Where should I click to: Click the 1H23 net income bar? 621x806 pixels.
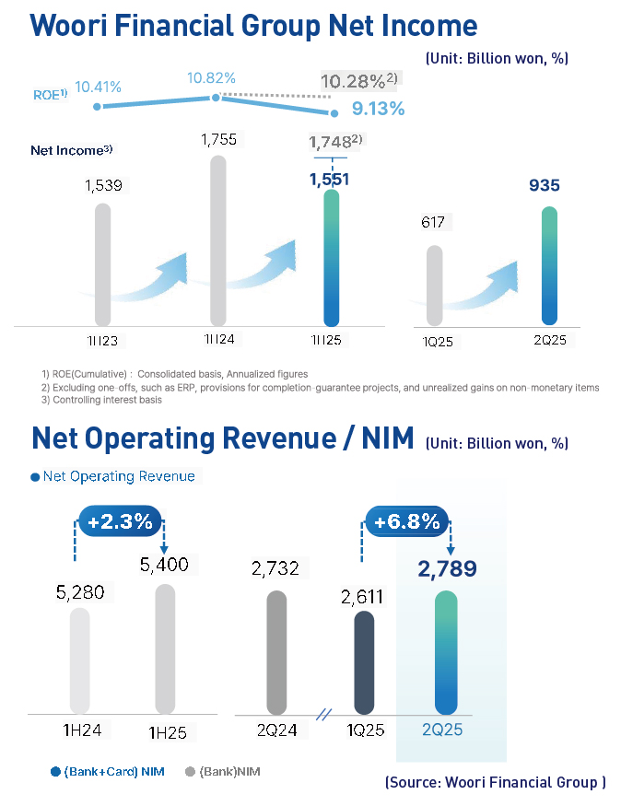tap(103, 263)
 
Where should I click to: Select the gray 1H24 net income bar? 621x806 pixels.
tap(217, 239)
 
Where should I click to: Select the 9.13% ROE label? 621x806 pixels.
tap(378, 109)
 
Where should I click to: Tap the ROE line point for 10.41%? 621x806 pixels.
tap(97, 107)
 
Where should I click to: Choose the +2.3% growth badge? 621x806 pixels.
tap(120, 520)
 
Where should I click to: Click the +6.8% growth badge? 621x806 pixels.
tap(406, 521)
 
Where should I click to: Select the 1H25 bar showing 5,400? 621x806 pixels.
tap(165, 648)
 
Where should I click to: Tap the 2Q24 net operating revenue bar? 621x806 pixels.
tap(276, 652)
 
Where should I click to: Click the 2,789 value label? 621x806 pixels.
tap(448, 569)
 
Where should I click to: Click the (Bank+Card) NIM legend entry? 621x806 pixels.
tap(108, 771)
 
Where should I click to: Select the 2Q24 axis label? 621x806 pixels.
tap(276, 731)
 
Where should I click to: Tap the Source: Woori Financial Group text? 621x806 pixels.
tap(495, 782)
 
